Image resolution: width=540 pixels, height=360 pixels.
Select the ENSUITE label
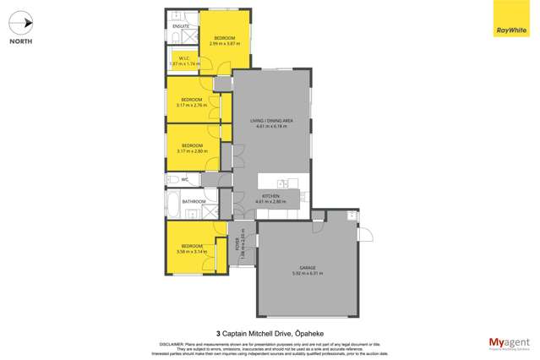tap(181, 26)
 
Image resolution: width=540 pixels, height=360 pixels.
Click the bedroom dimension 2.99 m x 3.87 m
tap(225, 43)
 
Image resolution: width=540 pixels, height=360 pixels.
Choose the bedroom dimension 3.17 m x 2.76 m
tap(191, 105)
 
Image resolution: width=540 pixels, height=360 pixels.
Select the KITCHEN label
tap(270, 196)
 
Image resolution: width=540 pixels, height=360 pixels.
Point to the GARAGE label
tap(307, 268)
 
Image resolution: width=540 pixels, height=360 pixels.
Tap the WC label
tap(184, 179)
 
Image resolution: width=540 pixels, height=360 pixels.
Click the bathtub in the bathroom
tap(172, 204)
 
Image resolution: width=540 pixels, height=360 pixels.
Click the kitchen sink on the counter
tap(282, 183)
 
